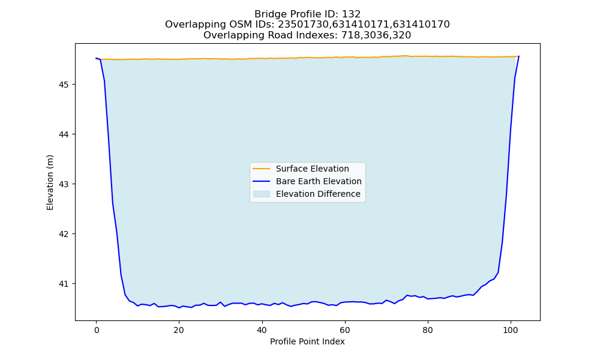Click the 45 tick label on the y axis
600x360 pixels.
(64, 85)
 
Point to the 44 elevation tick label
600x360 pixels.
(64, 134)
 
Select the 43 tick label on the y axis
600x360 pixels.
(64, 184)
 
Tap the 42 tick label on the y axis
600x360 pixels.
(64, 234)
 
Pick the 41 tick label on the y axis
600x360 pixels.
(64, 284)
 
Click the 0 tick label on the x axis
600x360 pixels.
(97, 330)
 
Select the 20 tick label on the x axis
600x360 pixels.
(179, 330)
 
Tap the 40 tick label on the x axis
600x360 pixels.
(262, 330)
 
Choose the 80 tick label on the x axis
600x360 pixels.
(428, 330)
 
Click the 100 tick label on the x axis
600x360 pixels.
(511, 330)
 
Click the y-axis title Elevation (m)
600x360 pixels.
(50, 182)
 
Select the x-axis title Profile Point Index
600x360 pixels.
(307, 341)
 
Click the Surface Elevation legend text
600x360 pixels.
(312, 169)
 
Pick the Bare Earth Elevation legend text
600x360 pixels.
(319, 181)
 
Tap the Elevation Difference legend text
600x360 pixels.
(318, 194)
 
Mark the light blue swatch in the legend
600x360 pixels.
(262, 194)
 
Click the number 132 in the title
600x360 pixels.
(351, 14)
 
